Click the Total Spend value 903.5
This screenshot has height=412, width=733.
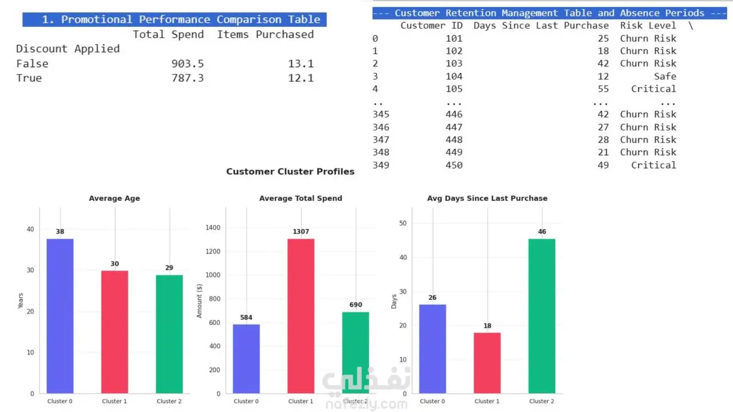click(x=187, y=64)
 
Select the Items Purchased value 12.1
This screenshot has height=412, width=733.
click(x=301, y=78)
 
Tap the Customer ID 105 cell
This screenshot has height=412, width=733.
click(x=454, y=89)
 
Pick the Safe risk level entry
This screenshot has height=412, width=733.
click(x=665, y=76)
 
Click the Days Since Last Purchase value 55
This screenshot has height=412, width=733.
click(x=603, y=89)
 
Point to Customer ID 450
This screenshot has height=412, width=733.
click(x=454, y=165)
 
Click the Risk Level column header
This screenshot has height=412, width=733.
click(x=648, y=26)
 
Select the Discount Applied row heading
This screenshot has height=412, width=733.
click(x=68, y=49)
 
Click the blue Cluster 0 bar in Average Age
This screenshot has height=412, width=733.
click(x=60, y=316)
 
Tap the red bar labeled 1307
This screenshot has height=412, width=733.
click(x=301, y=316)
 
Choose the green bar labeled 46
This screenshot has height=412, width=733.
click(x=542, y=316)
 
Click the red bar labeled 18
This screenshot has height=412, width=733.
click(x=487, y=363)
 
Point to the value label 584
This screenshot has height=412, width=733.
click(x=246, y=318)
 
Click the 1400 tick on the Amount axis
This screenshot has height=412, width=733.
click(x=212, y=228)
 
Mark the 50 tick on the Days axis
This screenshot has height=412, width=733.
click(x=403, y=223)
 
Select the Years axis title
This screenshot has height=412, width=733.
click(x=21, y=300)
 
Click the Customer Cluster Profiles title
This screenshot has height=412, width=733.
click(x=290, y=172)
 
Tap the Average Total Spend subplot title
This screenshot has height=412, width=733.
click(x=301, y=198)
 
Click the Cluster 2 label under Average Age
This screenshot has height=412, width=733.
click(x=169, y=401)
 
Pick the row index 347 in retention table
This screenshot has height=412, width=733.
click(x=381, y=140)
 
